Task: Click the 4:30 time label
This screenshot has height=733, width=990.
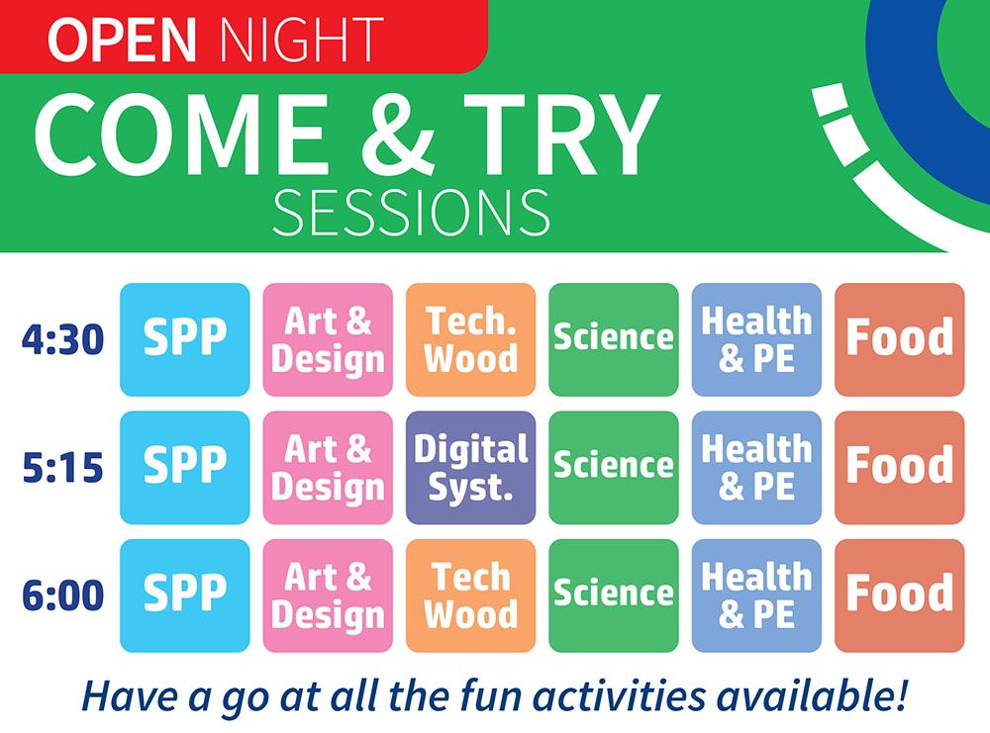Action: (x=62, y=339)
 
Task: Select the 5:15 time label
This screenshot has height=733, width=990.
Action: (x=62, y=468)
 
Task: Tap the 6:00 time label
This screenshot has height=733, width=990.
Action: (x=62, y=596)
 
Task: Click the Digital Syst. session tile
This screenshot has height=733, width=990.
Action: (x=470, y=468)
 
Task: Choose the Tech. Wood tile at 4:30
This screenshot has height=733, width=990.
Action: (x=470, y=339)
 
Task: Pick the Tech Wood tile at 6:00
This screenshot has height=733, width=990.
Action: (x=470, y=596)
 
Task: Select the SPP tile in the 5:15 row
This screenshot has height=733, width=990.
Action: (x=185, y=468)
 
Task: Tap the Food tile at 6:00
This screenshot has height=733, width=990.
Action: (x=900, y=596)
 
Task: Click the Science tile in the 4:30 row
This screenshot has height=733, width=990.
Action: (x=614, y=339)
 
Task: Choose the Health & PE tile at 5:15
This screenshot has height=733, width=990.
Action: (x=756, y=468)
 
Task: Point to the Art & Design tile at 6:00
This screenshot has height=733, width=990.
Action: (x=328, y=596)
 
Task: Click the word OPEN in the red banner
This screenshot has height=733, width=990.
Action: (x=123, y=41)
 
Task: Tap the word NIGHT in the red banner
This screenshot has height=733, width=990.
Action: (x=302, y=41)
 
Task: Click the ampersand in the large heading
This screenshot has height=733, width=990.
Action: (x=398, y=135)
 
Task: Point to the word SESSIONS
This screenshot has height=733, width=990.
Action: (x=411, y=213)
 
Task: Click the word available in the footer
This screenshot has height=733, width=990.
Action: (x=812, y=694)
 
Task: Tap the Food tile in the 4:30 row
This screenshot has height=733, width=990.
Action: (x=900, y=339)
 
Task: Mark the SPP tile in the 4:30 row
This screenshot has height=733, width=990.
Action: (x=185, y=339)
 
